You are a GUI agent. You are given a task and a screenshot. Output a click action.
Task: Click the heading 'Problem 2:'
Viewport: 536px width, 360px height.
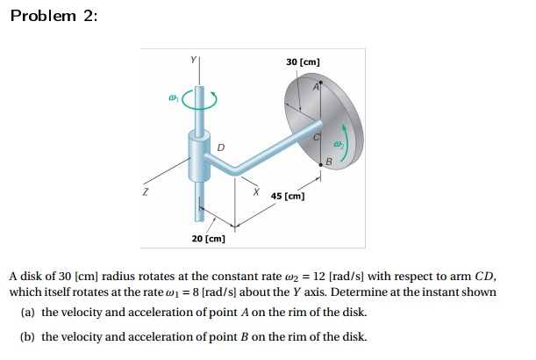click(x=53, y=19)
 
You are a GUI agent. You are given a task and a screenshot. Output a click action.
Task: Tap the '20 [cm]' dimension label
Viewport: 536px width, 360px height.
click(x=209, y=238)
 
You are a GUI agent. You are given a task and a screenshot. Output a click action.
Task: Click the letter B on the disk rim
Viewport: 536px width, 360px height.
click(x=329, y=161)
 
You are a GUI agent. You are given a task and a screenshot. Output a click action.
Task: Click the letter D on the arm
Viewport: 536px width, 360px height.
click(x=220, y=147)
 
